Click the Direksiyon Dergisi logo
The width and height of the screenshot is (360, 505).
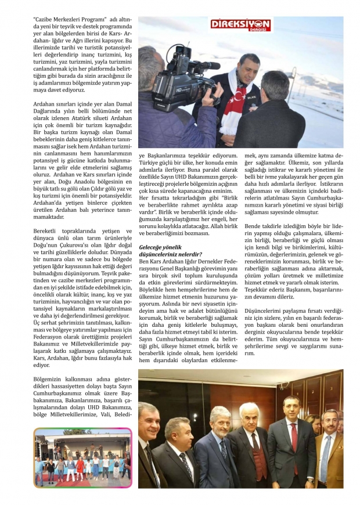(240, 26)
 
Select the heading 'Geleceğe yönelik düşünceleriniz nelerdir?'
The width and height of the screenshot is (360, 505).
(170, 250)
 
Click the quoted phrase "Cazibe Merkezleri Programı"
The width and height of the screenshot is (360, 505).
(60, 19)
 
